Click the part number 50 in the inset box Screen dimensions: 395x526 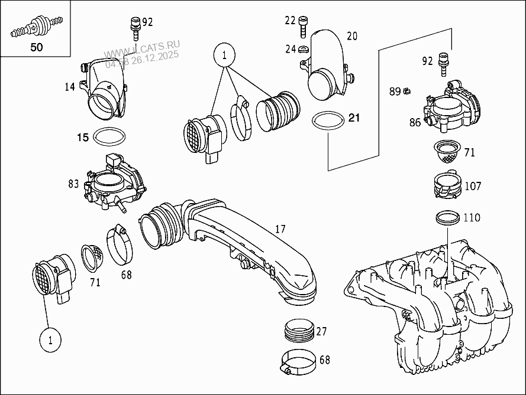[x=36, y=48]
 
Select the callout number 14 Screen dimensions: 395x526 [x=70, y=87]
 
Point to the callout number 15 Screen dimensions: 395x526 [x=82, y=138]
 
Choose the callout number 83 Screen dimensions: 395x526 [x=73, y=184]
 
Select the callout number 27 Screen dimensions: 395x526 [x=321, y=331]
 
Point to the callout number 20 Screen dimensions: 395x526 [x=352, y=37]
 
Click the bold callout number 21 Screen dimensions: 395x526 [x=354, y=118]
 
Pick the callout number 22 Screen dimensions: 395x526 [x=290, y=21]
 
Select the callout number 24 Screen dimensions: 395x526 [x=290, y=49]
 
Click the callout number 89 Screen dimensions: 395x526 [x=395, y=91]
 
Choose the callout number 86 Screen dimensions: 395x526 [x=415, y=122]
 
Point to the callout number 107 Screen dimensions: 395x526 [x=473, y=187]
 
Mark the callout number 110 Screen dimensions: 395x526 [x=472, y=218]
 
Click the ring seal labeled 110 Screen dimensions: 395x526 [x=448, y=218]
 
